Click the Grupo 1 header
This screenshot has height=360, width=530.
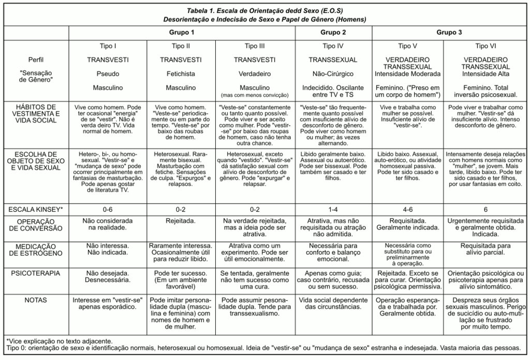point(182,32)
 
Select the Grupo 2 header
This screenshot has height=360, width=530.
point(333,32)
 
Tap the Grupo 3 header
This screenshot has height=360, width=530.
point(449,32)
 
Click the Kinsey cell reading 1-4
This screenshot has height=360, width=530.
point(333,210)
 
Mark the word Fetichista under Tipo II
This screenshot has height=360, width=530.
point(181,74)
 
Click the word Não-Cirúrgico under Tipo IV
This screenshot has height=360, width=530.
point(333,74)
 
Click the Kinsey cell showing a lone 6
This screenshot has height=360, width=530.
point(486,210)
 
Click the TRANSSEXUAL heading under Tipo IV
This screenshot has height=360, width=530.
point(333,60)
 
